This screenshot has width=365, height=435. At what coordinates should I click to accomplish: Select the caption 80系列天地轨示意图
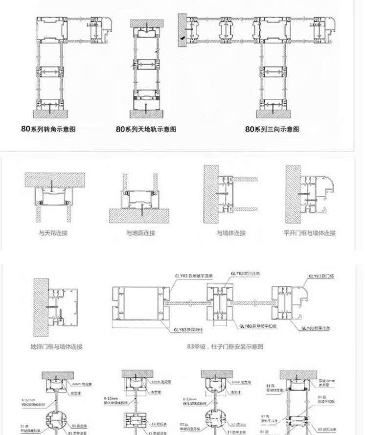click(146, 129)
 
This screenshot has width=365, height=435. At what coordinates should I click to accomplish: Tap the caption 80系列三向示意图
click(272, 129)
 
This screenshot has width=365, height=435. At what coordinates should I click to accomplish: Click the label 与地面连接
click(140, 233)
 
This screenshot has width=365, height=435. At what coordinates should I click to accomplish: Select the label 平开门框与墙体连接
click(310, 233)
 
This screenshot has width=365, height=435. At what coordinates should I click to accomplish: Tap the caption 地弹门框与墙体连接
click(56, 346)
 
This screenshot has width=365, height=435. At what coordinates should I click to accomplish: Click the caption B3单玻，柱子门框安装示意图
click(226, 346)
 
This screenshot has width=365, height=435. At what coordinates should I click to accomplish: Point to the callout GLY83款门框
click(320, 276)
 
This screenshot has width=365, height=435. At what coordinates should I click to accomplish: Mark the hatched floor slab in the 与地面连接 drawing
click(140, 214)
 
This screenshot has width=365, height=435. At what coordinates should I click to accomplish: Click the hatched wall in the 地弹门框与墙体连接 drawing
click(41, 306)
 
